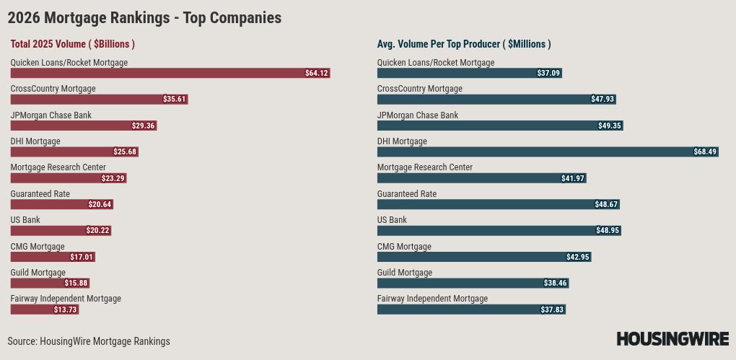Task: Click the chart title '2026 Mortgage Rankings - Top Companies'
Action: point(144,18)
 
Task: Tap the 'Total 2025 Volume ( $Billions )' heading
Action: point(73,44)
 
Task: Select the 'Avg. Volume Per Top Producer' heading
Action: point(464,44)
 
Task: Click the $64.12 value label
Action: point(317,73)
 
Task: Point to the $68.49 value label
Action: point(705,152)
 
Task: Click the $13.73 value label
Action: point(65,309)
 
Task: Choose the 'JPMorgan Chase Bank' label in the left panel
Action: point(51,115)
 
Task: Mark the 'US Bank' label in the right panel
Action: point(392,220)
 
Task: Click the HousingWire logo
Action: point(673,338)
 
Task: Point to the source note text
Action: point(89,341)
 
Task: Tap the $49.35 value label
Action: point(609,126)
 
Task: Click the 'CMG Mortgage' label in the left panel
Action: point(38,247)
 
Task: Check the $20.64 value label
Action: point(100,204)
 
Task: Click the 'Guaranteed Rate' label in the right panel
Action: point(407,194)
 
